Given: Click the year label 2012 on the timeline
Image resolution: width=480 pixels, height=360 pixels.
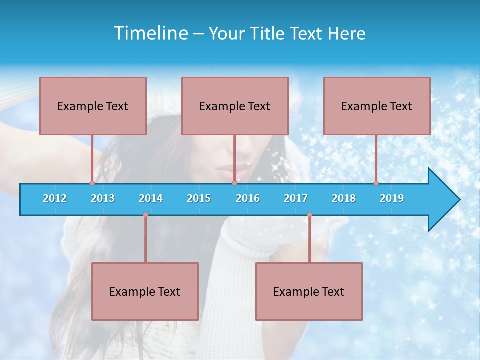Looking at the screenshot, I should pyautogui.click(x=55, y=198).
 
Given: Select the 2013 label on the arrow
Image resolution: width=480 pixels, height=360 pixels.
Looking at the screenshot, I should pyautogui.click(x=103, y=198).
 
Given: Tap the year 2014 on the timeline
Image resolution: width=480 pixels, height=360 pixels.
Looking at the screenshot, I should pyautogui.click(x=151, y=198).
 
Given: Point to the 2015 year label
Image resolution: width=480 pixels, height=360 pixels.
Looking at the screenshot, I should pyautogui.click(x=199, y=198).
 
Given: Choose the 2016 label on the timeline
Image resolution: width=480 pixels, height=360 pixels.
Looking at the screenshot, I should pyautogui.click(x=248, y=198).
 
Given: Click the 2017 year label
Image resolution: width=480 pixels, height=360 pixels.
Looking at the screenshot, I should pyautogui.click(x=296, y=198).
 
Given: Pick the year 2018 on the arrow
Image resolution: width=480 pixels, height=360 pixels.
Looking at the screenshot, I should pyautogui.click(x=344, y=198).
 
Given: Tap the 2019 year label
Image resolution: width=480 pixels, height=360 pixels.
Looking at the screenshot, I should pyautogui.click(x=392, y=198).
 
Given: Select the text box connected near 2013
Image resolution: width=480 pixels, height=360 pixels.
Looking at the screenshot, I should pyautogui.click(x=93, y=106).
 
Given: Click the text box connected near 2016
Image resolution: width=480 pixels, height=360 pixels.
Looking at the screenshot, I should pyautogui.click(x=235, y=106).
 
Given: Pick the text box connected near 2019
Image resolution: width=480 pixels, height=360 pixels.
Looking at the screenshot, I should pyautogui.click(x=377, y=106).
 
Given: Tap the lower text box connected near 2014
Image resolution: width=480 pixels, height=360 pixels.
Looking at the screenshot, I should pyautogui.click(x=145, y=291).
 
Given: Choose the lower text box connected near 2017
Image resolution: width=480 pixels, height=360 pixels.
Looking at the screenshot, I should pyautogui.click(x=309, y=291).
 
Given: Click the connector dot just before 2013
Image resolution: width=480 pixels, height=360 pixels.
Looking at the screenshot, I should pyautogui.click(x=92, y=183).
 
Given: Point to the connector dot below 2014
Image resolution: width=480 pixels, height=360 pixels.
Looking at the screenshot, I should pyautogui.click(x=145, y=215).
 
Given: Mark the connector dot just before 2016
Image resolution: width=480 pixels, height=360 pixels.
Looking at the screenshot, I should pyautogui.click(x=234, y=183).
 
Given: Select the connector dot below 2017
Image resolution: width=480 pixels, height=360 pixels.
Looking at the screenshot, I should pyautogui.click(x=309, y=215).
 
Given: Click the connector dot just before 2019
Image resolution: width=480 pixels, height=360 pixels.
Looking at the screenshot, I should pyautogui.click(x=376, y=183).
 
